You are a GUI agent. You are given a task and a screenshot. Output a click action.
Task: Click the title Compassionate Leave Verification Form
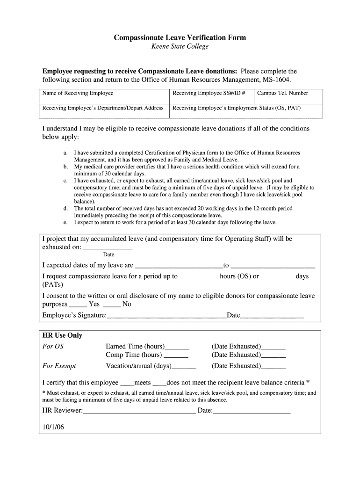(180, 37)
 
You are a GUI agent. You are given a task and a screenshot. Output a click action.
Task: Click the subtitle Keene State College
(180, 47)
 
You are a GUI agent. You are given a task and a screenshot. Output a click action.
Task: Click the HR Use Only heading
(62, 335)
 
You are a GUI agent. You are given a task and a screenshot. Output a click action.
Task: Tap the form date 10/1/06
(53, 427)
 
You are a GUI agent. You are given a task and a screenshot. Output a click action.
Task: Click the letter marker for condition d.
(65, 209)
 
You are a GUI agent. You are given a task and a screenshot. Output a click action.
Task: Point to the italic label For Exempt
(59, 366)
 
